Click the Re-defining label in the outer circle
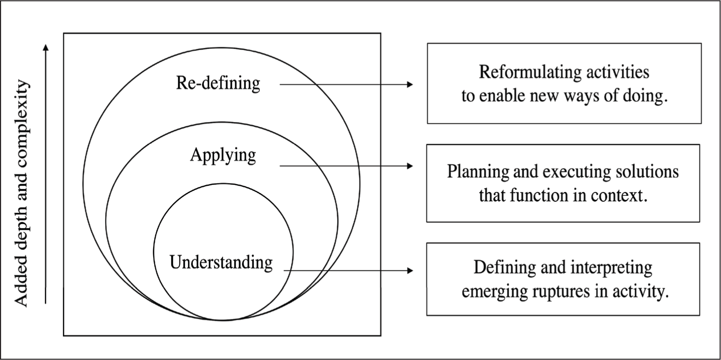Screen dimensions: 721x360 click(x=218, y=83)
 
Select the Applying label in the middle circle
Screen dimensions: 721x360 click(x=223, y=156)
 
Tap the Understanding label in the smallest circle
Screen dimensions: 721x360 click(x=221, y=263)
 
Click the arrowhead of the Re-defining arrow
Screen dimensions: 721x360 click(x=410, y=84)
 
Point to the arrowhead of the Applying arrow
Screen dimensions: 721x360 click(x=410, y=166)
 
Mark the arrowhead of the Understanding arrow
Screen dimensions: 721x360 click(x=410, y=270)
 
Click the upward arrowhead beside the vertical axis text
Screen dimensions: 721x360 click(x=46, y=47)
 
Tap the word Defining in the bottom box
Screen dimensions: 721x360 click(x=504, y=268)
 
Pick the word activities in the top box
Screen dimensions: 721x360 click(x=617, y=72)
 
